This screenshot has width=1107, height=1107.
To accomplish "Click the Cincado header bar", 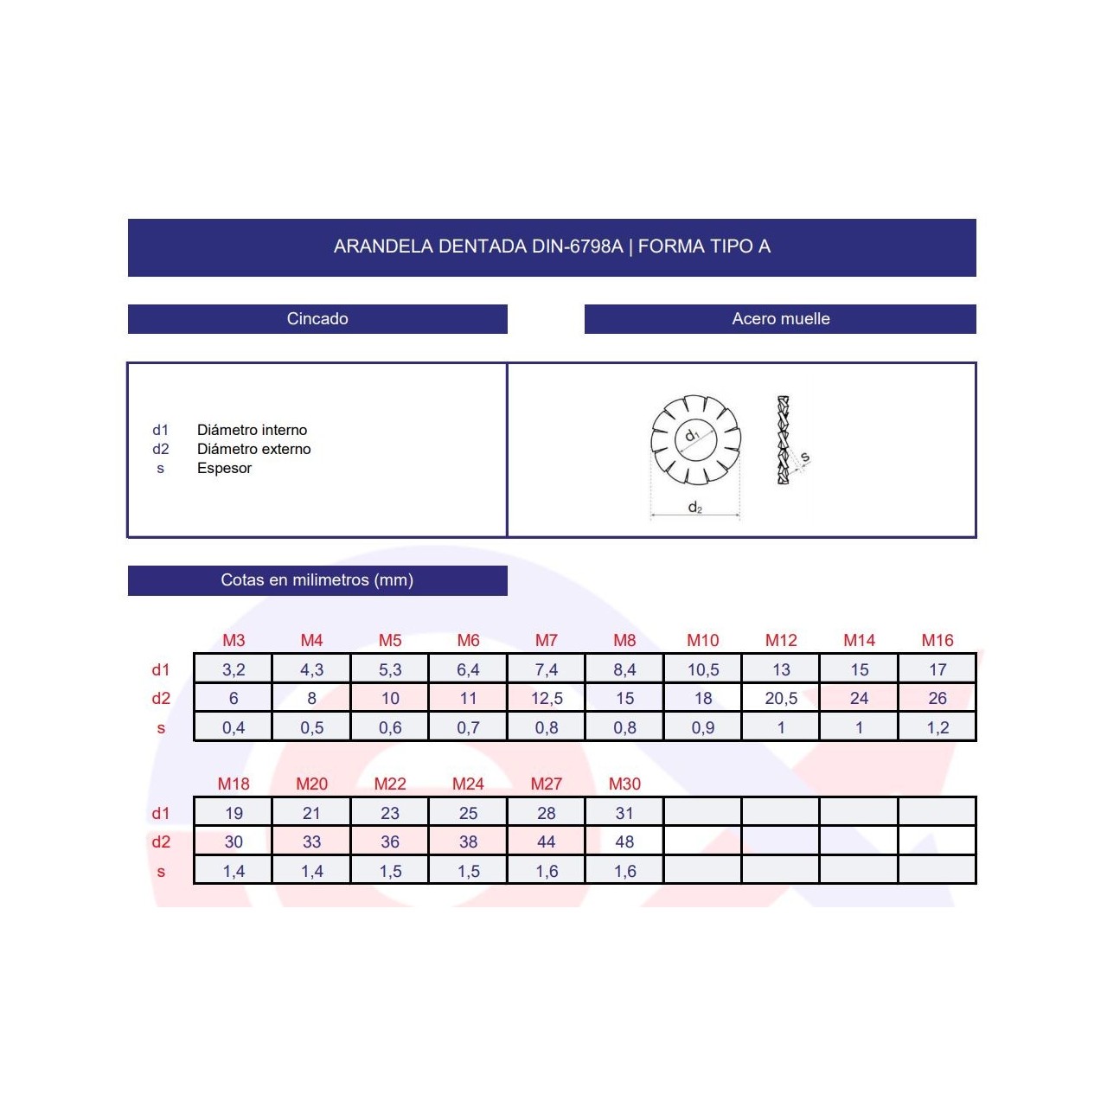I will (x=317, y=319).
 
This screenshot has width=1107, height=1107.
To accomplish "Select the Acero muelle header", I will (x=780, y=319).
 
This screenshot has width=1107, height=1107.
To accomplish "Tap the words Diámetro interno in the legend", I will (x=252, y=430).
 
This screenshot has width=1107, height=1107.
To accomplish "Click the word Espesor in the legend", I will (x=224, y=468).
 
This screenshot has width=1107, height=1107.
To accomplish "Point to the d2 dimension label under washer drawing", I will (x=694, y=508).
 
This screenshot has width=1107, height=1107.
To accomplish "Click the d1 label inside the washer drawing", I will (x=692, y=435).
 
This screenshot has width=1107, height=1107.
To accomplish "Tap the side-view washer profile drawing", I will (x=784, y=439).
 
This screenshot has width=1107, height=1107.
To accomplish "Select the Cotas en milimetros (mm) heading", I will (x=317, y=580).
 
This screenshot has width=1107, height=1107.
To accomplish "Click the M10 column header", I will (x=702, y=640).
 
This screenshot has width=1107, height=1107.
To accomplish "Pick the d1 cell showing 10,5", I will (x=702, y=669).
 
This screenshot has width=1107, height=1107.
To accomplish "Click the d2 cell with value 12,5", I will (x=547, y=698).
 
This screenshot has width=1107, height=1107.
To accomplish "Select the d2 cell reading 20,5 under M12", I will (x=781, y=698).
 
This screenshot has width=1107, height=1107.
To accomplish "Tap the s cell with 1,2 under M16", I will (x=937, y=727).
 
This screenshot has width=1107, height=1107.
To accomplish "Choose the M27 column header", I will (x=546, y=784).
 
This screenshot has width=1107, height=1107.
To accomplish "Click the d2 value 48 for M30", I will (x=624, y=841).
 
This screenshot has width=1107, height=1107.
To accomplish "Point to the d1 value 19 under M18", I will (x=234, y=813).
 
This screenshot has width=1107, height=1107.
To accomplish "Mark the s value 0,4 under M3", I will (x=234, y=727).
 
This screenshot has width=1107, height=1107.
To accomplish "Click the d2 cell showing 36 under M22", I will (x=390, y=841).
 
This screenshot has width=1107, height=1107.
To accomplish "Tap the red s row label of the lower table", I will (x=161, y=872).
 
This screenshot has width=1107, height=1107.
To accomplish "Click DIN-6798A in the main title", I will (x=577, y=246).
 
